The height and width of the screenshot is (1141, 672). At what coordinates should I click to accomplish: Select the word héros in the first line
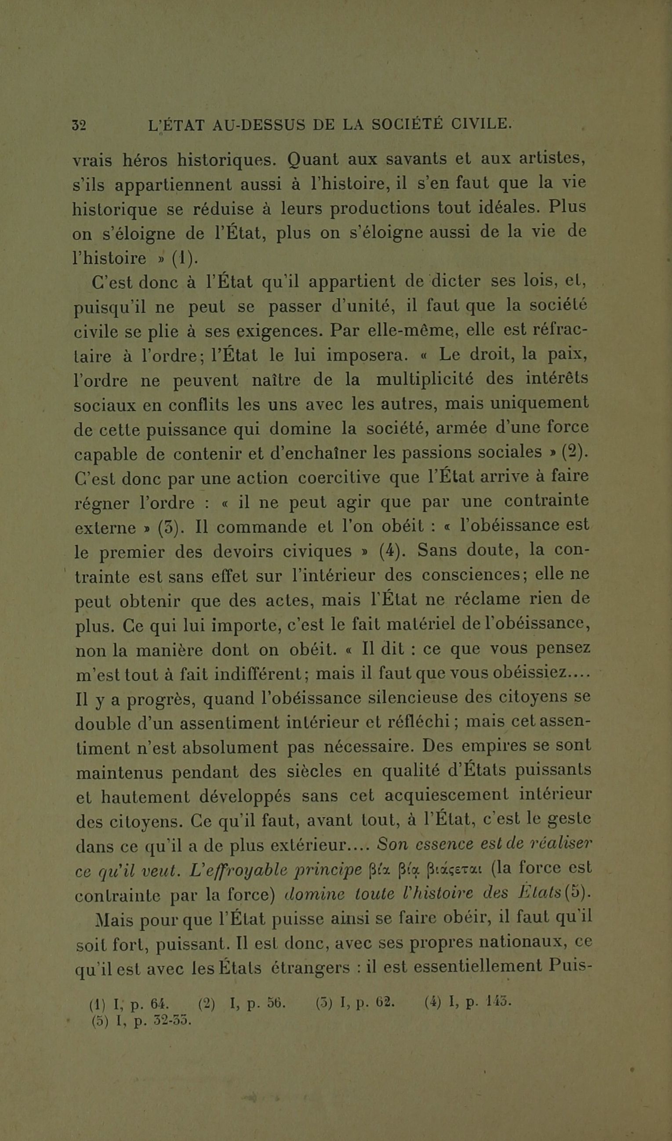coord(143,160)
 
